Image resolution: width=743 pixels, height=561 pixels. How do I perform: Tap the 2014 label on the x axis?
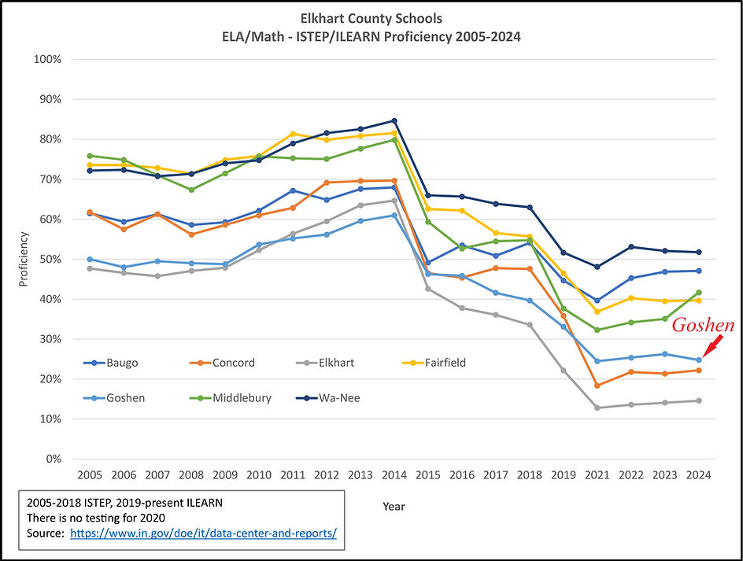394,474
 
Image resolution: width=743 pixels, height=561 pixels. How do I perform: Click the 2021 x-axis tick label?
597,474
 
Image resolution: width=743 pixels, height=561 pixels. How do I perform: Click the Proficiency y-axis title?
24,260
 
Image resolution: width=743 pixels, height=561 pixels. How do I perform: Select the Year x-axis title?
394,506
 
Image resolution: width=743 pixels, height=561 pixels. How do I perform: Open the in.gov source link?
203,533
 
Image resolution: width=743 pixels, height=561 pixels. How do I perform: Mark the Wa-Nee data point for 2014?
394,121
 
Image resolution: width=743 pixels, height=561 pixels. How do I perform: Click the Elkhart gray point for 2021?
597,408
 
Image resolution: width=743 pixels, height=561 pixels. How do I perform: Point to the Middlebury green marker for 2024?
699,293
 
